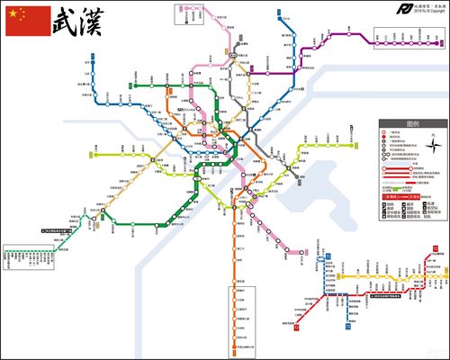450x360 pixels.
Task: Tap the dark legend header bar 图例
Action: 413,123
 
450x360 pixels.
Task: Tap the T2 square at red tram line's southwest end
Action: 297,328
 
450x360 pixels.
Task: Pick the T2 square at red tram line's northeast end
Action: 441,256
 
